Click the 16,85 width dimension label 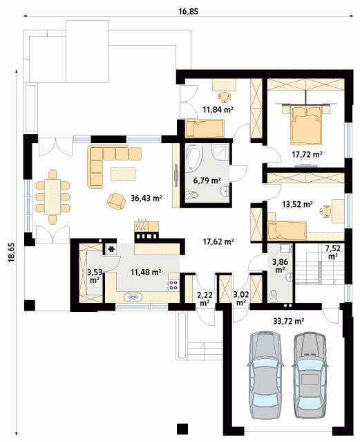(x=189, y=11)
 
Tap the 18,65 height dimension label (x=12, y=253)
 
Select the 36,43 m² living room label (x=146, y=198)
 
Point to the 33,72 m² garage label (x=288, y=320)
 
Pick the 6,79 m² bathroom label (x=207, y=180)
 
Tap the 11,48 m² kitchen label (x=146, y=272)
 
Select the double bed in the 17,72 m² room (x=306, y=124)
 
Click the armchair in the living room (x=116, y=201)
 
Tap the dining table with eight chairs (x=53, y=196)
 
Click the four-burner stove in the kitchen (x=174, y=285)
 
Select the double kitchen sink (x=133, y=297)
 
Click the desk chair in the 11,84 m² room (x=225, y=97)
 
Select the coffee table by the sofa (x=123, y=174)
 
